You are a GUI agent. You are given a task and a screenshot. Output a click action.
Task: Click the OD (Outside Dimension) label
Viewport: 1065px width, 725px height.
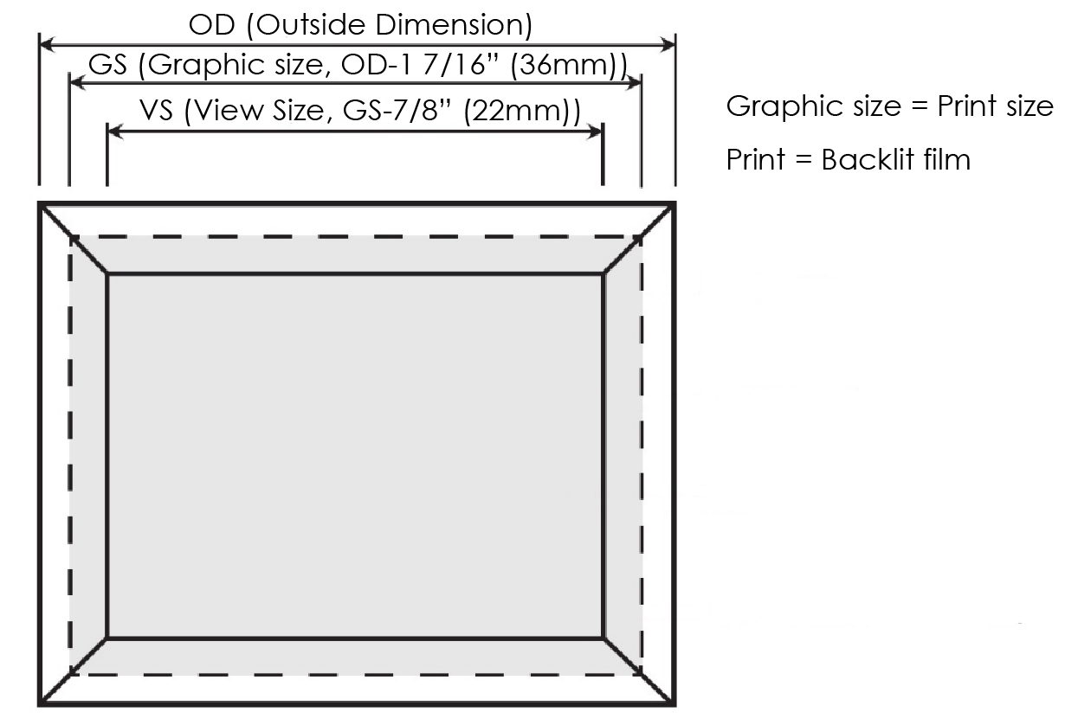360,25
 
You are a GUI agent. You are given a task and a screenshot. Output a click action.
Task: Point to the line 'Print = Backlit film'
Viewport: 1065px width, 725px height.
849,160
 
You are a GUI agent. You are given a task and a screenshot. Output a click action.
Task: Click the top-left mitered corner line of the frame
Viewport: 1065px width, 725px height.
74,238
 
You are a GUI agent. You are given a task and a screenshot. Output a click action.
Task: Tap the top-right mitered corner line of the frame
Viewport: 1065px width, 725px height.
639,238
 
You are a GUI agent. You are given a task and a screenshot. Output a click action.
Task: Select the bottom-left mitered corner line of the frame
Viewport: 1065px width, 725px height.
74,671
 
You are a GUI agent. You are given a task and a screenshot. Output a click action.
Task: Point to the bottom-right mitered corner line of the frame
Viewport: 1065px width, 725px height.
639,671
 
